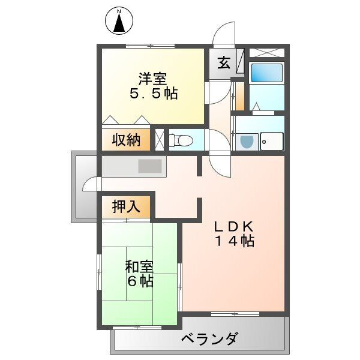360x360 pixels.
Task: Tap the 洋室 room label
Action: pyautogui.click(x=152, y=79)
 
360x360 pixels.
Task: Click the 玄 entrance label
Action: pyautogui.click(x=223, y=62)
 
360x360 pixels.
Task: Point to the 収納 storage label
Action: pyautogui.click(x=126, y=140)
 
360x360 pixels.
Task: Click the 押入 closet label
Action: pyautogui.click(x=126, y=206)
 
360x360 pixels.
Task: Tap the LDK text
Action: pyautogui.click(x=236, y=226)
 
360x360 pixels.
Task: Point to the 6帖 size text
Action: pyautogui.click(x=139, y=280)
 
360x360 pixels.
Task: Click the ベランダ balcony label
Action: pyautogui.click(x=209, y=339)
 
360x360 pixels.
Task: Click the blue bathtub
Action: pyautogui.click(x=266, y=73)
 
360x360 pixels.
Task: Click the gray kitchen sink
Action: pyautogui.click(x=150, y=166)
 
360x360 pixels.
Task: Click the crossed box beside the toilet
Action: pyautogui.click(x=160, y=139)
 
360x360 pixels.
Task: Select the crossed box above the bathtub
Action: pyautogui.click(x=265, y=52)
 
